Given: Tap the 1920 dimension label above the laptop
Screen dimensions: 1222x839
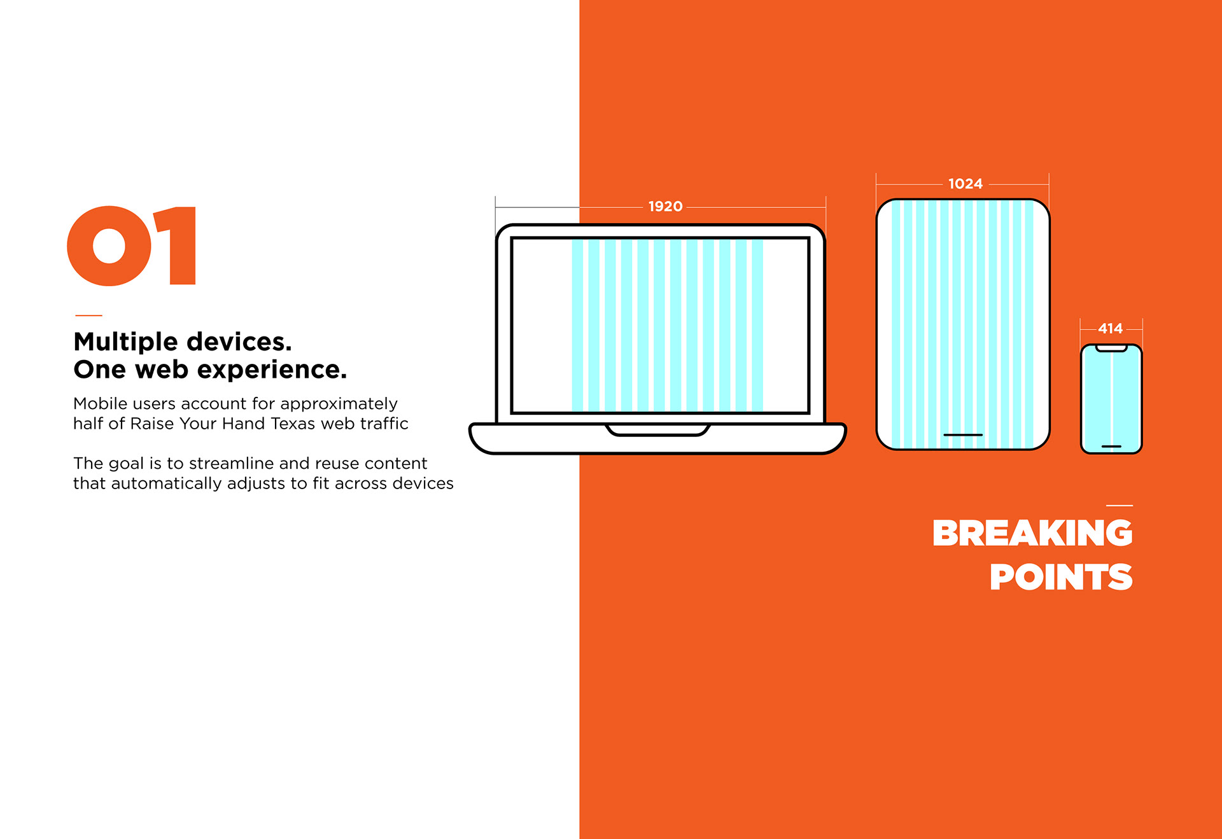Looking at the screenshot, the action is coord(665,206).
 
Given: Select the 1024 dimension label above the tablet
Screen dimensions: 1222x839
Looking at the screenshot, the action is coord(965,184).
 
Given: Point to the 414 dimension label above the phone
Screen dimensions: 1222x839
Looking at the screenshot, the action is coord(1110,328).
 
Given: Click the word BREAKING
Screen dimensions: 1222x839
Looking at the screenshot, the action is coord(1032,533).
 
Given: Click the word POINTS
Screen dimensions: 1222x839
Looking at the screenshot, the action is coord(1061,577).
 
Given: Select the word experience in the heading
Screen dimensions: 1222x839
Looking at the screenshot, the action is coord(272,370).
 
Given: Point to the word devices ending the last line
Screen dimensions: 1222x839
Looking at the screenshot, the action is coord(423,483).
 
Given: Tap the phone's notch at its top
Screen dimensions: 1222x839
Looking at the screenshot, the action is coord(1111,349).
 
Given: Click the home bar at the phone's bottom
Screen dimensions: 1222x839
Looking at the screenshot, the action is coord(1111,447).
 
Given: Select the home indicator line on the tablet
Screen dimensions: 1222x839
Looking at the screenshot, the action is coord(963,435).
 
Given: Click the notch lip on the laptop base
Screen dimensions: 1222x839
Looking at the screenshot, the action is coord(657,431).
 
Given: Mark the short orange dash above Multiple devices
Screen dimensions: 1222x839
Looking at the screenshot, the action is coord(88,315).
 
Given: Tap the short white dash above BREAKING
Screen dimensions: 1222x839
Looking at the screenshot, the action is coord(1120,506).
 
